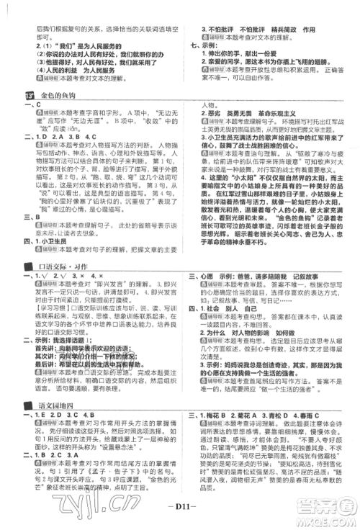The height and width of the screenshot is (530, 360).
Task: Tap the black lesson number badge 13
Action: pos(31,94)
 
